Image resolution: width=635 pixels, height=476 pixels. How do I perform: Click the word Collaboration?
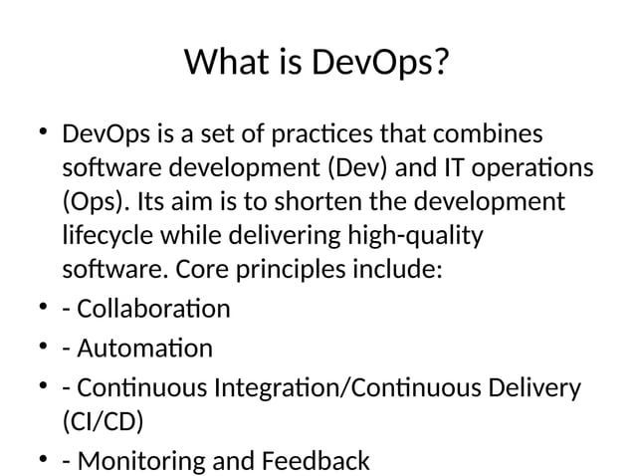click(x=152, y=309)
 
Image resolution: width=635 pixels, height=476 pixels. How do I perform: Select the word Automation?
click(x=143, y=349)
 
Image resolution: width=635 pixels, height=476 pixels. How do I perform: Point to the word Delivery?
click(x=533, y=387)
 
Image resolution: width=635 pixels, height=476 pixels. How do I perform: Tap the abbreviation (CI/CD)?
click(x=103, y=421)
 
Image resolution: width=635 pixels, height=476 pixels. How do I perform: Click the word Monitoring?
click(x=139, y=461)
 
